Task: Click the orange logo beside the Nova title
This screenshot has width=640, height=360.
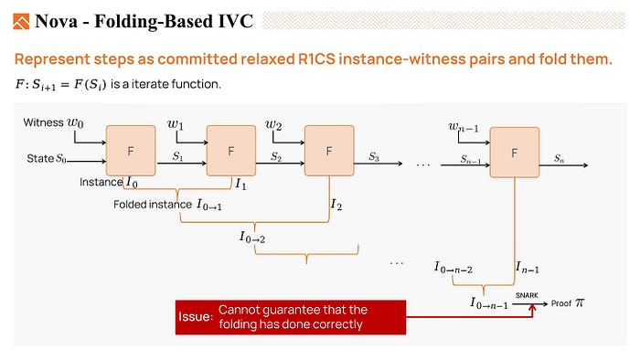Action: (x=21, y=22)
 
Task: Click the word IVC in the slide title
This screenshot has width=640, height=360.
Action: (x=236, y=21)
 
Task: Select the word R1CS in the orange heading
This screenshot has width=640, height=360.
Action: (x=316, y=59)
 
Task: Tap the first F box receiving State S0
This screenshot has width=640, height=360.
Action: (x=131, y=151)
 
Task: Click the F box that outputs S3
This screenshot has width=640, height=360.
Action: (x=329, y=151)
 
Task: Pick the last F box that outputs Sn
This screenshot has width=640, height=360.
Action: (x=514, y=153)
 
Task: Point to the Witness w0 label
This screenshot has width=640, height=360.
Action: (x=53, y=122)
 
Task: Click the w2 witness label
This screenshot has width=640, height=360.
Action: (x=273, y=124)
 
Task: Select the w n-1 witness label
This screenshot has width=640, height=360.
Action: (x=464, y=127)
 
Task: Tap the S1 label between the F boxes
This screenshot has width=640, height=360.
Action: (x=177, y=156)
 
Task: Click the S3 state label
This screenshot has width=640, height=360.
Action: (x=374, y=156)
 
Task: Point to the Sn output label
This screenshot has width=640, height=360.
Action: (x=559, y=158)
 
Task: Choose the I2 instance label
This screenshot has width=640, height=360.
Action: (x=336, y=205)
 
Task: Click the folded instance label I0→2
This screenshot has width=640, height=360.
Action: (x=252, y=237)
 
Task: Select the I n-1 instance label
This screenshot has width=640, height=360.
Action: (x=528, y=268)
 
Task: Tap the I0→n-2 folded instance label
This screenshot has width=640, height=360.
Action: (x=453, y=268)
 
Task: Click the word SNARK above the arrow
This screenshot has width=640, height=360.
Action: (x=527, y=295)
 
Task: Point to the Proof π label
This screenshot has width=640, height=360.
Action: (x=568, y=303)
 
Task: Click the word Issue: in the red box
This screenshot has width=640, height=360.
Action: (x=196, y=317)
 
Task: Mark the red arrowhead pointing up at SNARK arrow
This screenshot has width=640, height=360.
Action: (x=532, y=309)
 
